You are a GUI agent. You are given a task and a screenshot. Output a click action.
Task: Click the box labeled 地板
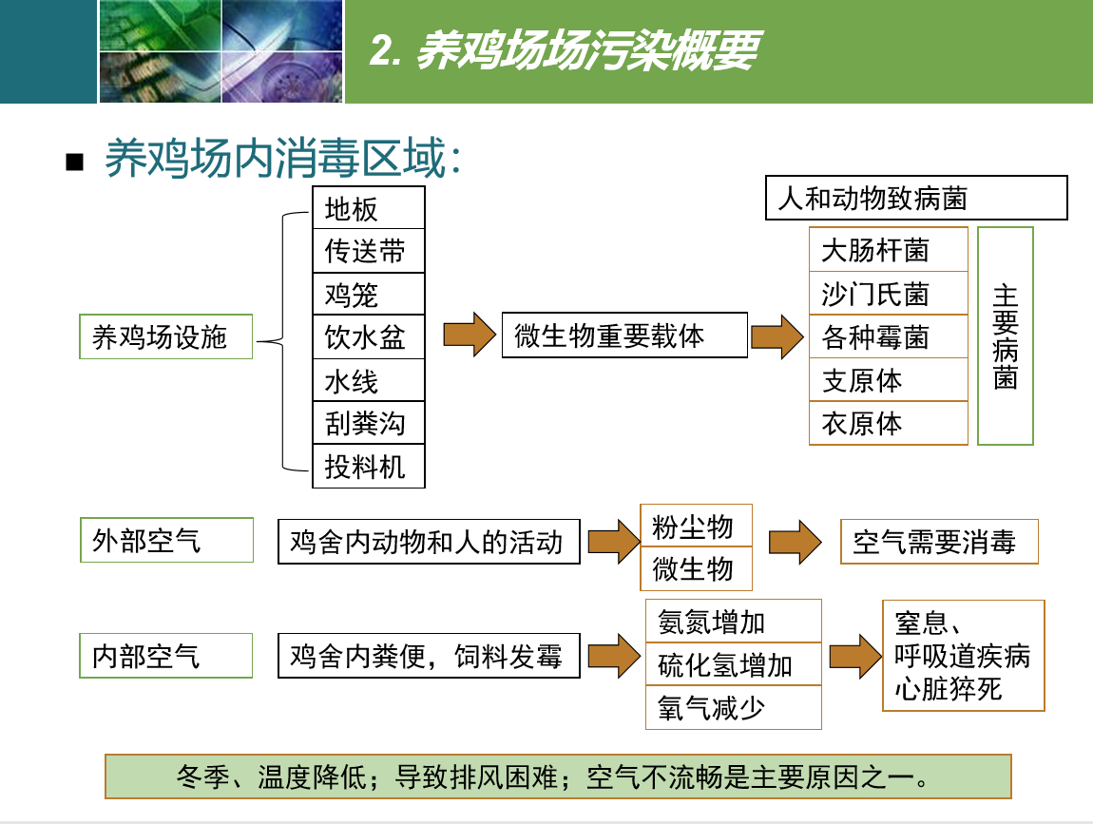click(x=368, y=208)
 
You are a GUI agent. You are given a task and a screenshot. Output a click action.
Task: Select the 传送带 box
click(x=368, y=251)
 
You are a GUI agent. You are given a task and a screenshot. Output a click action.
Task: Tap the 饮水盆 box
click(x=368, y=337)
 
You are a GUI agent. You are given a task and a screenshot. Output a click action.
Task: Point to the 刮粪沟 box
click(x=368, y=423)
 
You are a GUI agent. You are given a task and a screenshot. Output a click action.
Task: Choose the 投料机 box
click(x=368, y=467)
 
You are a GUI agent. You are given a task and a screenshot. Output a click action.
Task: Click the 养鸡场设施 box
click(x=166, y=336)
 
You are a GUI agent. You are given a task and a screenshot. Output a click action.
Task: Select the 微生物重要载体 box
click(x=624, y=335)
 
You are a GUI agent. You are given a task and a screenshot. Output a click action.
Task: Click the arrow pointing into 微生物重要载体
click(x=470, y=335)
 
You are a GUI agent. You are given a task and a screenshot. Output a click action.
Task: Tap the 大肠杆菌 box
click(x=889, y=250)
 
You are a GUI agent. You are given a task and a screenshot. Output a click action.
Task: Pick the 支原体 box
click(x=889, y=380)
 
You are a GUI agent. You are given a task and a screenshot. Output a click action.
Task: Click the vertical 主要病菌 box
click(x=1006, y=336)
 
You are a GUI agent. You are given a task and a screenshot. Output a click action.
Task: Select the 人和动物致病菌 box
click(x=916, y=198)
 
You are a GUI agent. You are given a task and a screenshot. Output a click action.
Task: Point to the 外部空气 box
click(x=166, y=540)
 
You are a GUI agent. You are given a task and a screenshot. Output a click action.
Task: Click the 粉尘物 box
click(x=696, y=526)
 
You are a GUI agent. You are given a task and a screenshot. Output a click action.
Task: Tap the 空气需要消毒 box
click(x=939, y=542)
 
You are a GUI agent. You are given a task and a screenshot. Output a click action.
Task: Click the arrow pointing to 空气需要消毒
click(x=796, y=542)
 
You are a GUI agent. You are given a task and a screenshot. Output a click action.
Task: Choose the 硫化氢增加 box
click(x=734, y=664)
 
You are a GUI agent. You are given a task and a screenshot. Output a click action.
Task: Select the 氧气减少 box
click(x=734, y=708)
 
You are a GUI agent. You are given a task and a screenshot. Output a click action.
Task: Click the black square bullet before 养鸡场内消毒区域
click(x=74, y=162)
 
